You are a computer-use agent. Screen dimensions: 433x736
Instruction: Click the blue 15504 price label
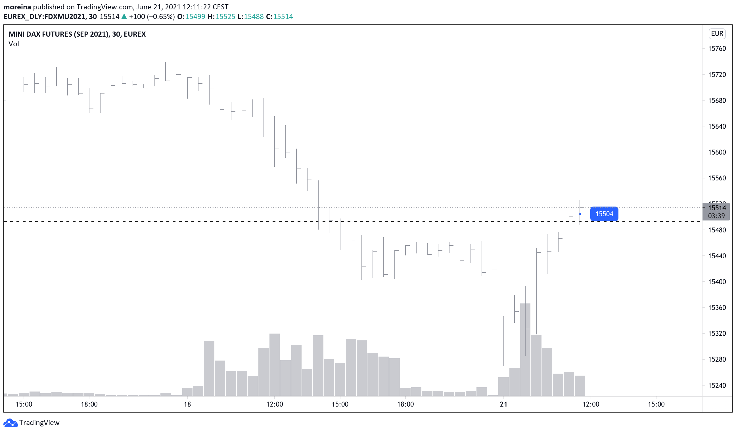604,214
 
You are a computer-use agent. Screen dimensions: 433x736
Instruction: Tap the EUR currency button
717,34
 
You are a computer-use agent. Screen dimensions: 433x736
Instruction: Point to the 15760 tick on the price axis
717,49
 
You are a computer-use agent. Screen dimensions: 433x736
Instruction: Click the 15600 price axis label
717,152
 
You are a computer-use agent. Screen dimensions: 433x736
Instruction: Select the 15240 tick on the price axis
717,385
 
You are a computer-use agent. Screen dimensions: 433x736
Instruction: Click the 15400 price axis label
717,282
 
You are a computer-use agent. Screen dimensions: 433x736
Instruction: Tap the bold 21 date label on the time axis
503,404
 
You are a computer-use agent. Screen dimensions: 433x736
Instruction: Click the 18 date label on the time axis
187,404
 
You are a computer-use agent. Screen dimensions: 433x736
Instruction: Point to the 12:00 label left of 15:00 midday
275,404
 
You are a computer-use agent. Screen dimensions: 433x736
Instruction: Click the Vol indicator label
14,44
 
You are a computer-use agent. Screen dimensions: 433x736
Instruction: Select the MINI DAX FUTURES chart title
77,34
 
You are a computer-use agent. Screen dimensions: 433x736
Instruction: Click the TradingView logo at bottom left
31,422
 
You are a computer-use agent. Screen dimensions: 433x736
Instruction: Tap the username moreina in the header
17,7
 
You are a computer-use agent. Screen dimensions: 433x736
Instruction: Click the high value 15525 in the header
225,17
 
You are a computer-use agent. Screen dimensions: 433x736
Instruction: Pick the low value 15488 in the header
254,17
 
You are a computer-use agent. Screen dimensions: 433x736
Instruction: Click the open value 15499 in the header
195,17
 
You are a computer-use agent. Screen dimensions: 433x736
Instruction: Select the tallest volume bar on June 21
525,351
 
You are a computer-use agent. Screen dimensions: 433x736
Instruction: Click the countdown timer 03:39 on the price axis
716,216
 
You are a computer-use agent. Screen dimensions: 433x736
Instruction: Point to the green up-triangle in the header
124,17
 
